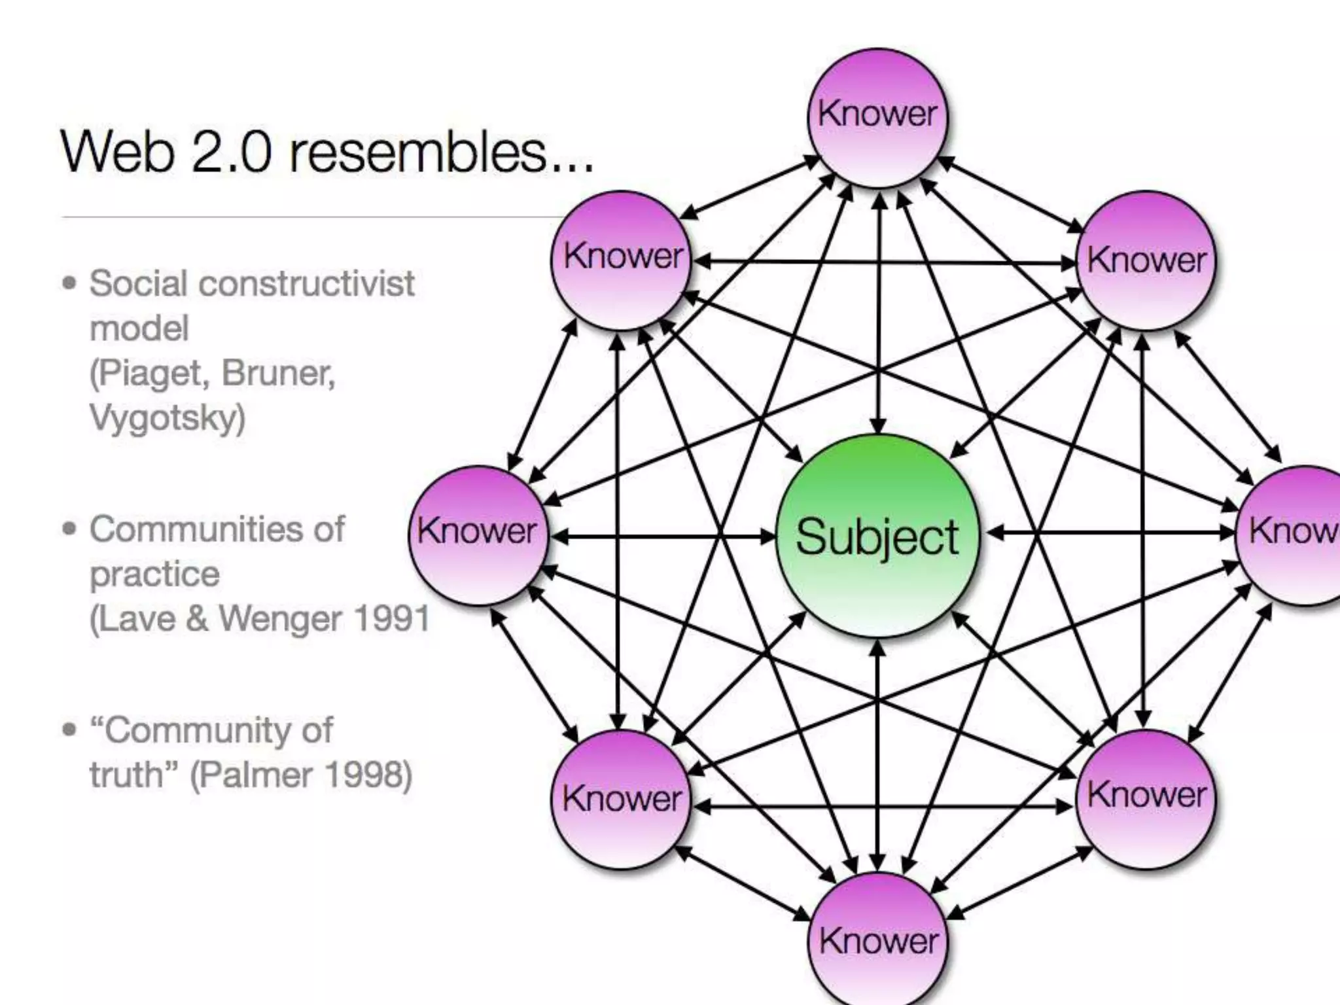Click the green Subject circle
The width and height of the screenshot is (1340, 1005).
click(877, 536)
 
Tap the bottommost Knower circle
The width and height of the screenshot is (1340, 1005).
click(878, 940)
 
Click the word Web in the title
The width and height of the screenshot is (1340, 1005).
click(118, 152)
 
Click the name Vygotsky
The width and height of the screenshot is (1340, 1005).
click(167, 417)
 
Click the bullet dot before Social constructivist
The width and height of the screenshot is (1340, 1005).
click(69, 284)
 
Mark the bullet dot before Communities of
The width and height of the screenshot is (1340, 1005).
click(69, 529)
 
